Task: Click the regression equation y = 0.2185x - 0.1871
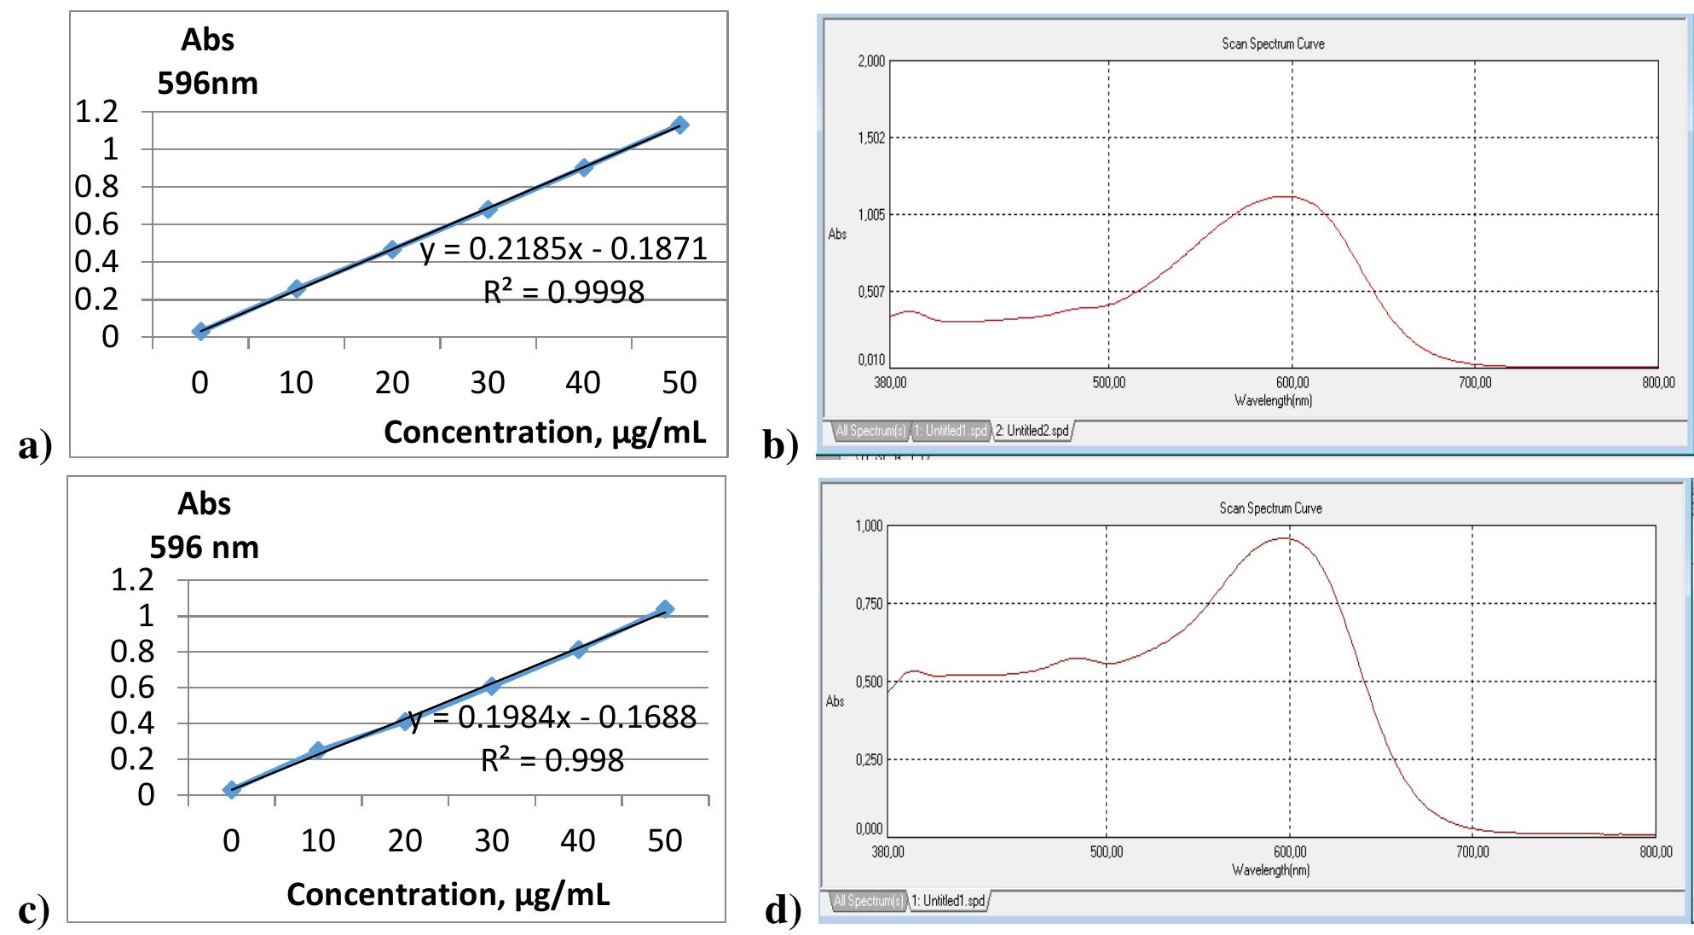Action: (x=564, y=248)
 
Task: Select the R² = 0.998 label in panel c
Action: (x=552, y=760)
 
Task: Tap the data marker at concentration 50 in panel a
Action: (x=679, y=125)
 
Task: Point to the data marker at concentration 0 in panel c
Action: (x=231, y=790)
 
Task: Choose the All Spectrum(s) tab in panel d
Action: (x=868, y=901)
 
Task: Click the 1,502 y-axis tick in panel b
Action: (x=870, y=138)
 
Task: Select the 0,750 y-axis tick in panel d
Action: (x=869, y=604)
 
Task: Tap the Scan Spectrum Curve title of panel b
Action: (x=1273, y=44)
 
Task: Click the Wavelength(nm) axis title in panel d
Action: (x=1270, y=870)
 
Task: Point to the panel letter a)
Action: (x=35, y=445)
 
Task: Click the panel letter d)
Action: (x=783, y=910)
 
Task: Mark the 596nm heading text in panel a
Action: (x=207, y=84)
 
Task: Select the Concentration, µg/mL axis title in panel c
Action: (x=448, y=894)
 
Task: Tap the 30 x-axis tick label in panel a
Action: (x=488, y=383)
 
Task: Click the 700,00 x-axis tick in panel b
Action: (x=1474, y=383)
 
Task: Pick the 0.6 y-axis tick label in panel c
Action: (x=132, y=688)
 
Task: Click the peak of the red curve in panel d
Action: (x=1284, y=538)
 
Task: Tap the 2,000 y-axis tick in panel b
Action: (x=870, y=61)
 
